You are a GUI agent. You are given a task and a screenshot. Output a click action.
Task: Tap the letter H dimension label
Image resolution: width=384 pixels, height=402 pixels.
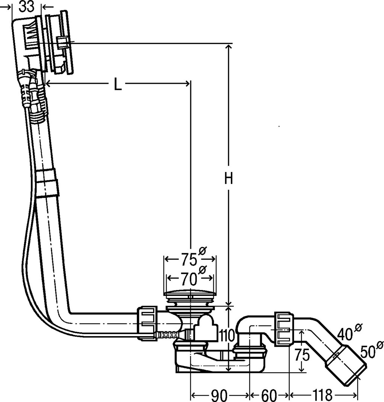coord(228,178)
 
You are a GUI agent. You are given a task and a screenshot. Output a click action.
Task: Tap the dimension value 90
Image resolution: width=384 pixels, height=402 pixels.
coord(220,396)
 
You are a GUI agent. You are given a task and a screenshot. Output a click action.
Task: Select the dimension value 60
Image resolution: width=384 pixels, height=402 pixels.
coord(269,396)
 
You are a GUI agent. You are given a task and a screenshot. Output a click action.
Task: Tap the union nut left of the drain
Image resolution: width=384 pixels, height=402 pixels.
coord(147,323)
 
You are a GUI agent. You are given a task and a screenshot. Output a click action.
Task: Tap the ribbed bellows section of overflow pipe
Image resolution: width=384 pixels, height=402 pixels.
coord(38,103)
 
